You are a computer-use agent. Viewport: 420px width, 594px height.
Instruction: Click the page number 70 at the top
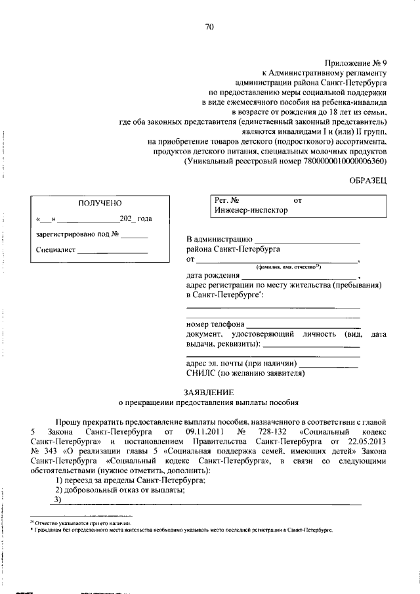pos(209,27)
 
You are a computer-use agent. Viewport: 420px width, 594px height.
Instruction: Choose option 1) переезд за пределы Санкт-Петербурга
pos(131,480)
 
